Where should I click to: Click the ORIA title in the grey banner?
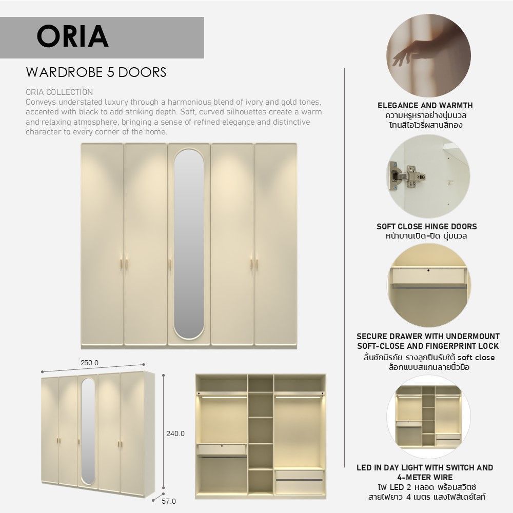73,36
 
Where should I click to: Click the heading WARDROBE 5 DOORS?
96,72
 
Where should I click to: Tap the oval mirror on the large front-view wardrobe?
188,244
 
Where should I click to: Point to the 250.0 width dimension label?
89,363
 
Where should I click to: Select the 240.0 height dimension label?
175,433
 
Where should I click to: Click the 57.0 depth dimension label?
169,501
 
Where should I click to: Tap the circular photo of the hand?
428,55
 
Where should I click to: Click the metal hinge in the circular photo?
408,175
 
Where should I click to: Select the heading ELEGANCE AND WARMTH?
425,105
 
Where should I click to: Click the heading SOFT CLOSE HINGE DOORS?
427,226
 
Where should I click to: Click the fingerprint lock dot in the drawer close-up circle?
428,270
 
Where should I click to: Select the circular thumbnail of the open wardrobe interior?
428,417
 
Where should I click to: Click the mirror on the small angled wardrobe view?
88,431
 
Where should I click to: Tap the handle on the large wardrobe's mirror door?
170,264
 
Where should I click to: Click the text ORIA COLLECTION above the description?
59,92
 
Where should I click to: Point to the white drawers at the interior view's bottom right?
300,482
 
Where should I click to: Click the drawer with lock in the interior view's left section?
222,449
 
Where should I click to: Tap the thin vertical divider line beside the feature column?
345,267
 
